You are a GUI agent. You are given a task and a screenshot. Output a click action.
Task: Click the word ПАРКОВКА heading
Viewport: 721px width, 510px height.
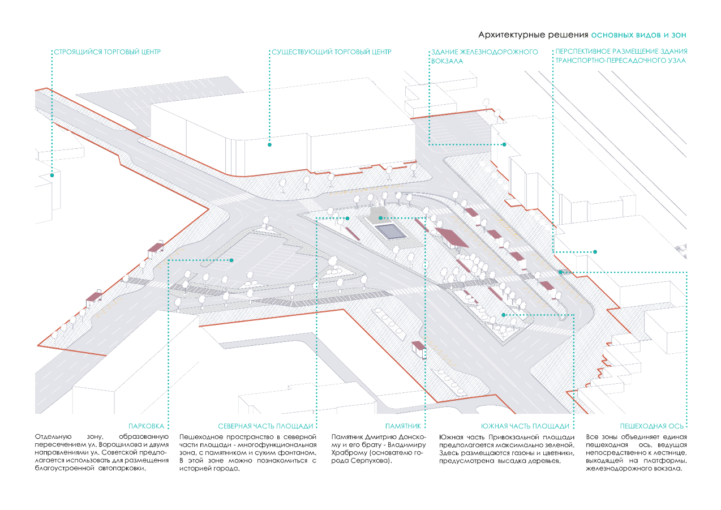(x=147, y=426)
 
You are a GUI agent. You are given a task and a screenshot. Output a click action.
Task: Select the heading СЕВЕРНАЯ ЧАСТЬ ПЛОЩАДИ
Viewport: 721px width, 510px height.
(x=265, y=426)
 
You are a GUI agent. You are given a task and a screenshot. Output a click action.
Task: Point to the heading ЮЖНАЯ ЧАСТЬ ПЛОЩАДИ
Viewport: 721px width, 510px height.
(x=525, y=426)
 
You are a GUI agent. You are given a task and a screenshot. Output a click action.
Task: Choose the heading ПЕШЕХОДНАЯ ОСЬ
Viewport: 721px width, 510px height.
(x=651, y=426)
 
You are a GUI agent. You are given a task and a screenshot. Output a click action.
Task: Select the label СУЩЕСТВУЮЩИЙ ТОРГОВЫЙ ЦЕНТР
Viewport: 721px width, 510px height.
(x=331, y=52)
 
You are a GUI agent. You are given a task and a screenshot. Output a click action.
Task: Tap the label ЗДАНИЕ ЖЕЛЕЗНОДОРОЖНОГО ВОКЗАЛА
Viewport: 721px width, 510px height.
(x=484, y=56)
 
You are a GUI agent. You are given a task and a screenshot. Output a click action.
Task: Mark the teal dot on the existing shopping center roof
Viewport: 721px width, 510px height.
(x=269, y=145)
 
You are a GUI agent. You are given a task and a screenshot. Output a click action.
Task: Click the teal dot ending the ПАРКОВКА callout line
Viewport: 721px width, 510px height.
(x=231, y=260)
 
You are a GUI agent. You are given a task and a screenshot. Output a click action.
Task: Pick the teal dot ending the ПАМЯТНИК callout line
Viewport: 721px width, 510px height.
(x=380, y=218)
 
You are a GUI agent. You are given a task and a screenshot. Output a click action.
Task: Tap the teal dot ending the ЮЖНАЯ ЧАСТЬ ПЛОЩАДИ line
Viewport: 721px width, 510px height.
(x=503, y=315)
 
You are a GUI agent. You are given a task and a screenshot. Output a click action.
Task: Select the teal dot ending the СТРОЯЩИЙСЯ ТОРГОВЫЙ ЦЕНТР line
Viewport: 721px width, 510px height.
(x=52, y=175)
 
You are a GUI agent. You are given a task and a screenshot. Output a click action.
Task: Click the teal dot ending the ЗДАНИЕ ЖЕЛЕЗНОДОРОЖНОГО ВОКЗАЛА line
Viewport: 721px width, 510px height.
(x=504, y=144)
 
